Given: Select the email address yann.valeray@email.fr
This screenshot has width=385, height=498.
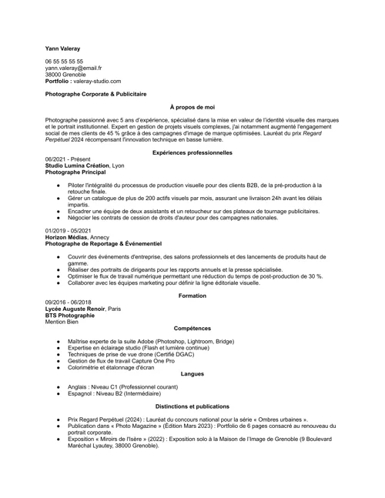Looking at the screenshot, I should [x=73, y=68].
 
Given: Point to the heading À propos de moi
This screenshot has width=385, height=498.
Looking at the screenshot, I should [x=192, y=109].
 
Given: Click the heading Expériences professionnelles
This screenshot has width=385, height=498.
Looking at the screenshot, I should [x=192, y=153].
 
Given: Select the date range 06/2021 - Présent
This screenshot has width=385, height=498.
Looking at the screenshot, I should [x=68, y=159].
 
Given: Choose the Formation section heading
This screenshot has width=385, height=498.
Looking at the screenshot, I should [x=192, y=296].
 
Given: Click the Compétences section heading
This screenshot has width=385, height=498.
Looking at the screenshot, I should [x=192, y=329].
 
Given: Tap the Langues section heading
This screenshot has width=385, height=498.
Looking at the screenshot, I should [x=192, y=374].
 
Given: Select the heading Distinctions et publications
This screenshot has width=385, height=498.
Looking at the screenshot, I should [x=192, y=406].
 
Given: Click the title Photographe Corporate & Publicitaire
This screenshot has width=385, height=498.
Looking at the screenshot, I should [x=95, y=94].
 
